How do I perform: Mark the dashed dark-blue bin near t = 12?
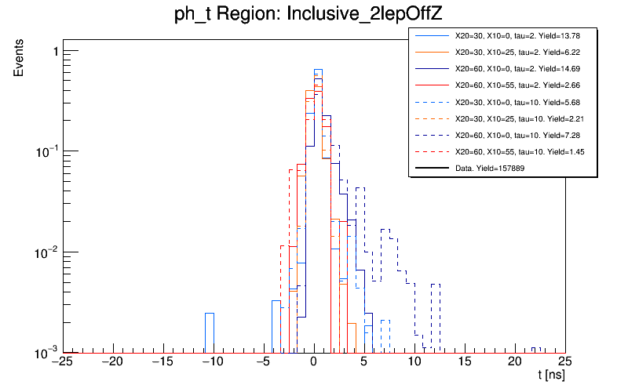click(x=436, y=314)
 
